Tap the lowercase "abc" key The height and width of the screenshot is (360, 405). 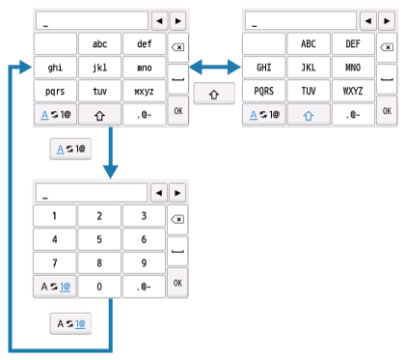(99, 43)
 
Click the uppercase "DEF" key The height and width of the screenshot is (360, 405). (144, 43)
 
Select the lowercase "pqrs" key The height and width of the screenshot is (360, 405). (55, 90)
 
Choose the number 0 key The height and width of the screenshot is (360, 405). (99, 285)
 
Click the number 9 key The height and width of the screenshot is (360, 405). (144, 262)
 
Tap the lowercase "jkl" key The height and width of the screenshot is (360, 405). (99, 68)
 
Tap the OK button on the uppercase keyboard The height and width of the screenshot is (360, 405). (387, 112)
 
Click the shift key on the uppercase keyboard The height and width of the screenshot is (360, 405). (310, 113)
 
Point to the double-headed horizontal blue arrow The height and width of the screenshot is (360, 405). (213, 67)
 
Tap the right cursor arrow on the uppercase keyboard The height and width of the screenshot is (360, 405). (387, 19)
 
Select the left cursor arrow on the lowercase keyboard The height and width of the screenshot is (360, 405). (158, 19)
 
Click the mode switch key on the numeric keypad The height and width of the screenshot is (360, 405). (55, 285)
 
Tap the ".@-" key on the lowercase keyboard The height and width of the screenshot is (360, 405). (144, 113)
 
